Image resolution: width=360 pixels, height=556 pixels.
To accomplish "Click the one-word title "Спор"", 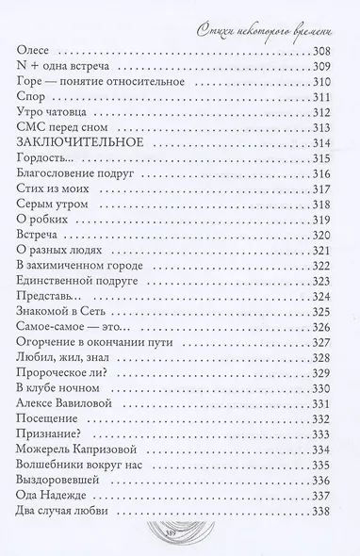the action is (33, 106).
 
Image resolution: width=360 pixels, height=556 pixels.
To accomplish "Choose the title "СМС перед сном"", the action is (61, 141).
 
